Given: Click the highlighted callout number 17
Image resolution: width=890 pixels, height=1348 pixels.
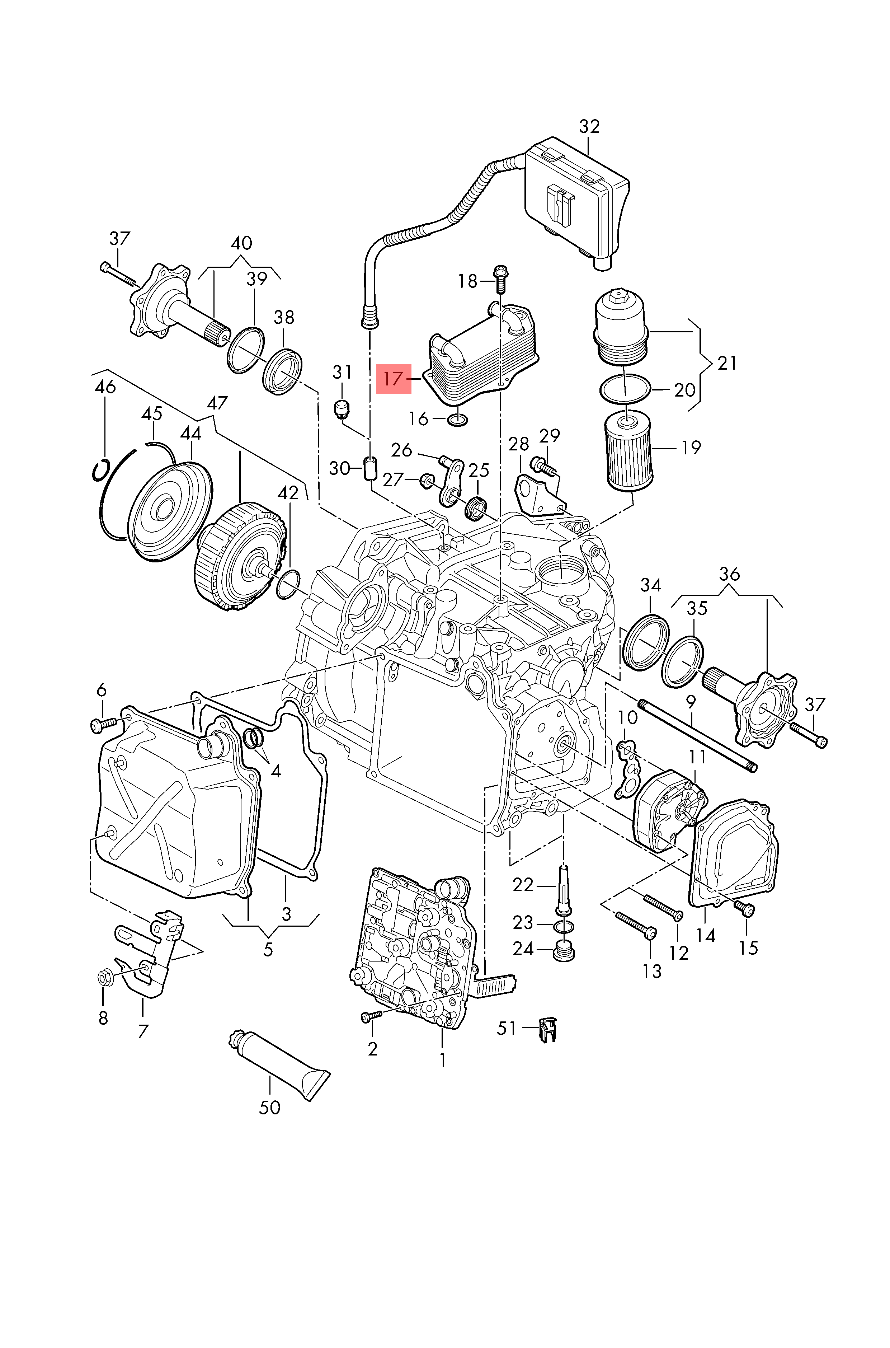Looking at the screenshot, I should pos(394,379).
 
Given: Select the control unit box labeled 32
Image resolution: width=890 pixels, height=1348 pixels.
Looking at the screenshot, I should pos(576,199).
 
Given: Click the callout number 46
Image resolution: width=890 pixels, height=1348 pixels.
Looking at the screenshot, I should pos(105,387).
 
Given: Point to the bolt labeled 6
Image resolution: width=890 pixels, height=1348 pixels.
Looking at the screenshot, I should pos(103,725).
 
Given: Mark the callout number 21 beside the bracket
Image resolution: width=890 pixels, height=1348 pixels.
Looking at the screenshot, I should pos(726,363).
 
